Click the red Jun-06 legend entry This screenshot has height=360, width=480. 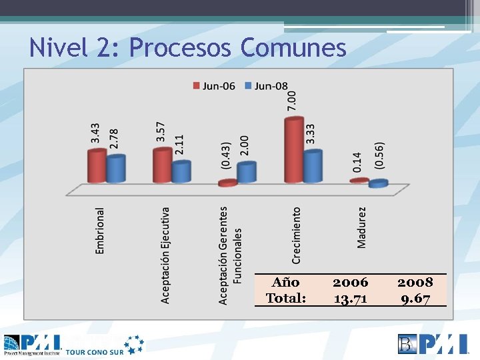[213, 85]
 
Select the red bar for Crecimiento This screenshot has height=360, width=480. [294, 150]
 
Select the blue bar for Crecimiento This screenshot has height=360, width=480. [313, 167]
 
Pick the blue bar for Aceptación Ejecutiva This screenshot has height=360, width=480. [181, 171]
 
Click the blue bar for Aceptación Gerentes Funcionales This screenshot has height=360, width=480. [247, 173]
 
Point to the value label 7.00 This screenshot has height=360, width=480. [292, 101]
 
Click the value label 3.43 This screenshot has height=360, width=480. [96, 132]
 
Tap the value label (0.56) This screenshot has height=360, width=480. [379, 155]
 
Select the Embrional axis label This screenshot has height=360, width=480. [100, 231]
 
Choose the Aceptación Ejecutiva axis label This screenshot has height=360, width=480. [165, 255]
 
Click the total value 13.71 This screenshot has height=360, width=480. [350, 298]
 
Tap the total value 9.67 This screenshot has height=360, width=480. [415, 298]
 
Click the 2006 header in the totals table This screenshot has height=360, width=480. [350, 282]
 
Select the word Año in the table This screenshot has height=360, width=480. [285, 282]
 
